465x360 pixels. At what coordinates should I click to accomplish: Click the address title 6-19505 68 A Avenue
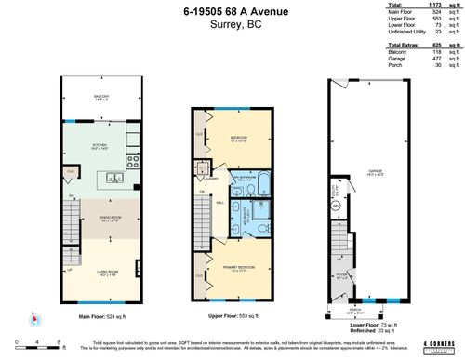point(232,10)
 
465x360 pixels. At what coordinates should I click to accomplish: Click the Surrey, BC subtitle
point(232,25)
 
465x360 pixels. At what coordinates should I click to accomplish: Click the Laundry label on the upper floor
point(212,178)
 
